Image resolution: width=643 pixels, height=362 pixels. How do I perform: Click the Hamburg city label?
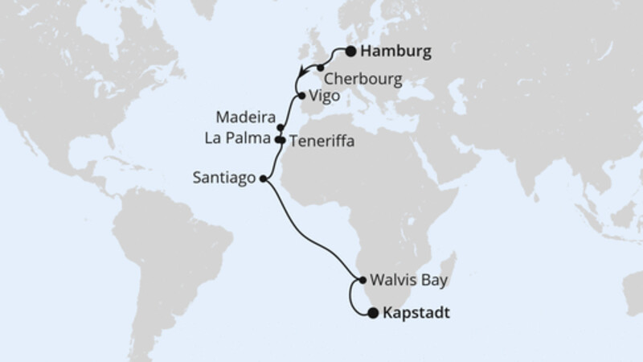[x=396, y=52]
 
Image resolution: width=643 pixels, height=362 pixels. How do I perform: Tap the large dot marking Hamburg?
[x=350, y=51]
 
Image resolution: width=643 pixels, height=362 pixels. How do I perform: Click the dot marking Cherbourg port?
[x=320, y=68]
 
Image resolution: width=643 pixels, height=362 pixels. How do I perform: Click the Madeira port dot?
[x=280, y=127]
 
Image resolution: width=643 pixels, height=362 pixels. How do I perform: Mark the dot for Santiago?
[x=264, y=179]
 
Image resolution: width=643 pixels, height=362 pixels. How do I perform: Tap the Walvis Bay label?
[x=408, y=282]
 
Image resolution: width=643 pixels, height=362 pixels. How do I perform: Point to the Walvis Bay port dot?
[x=362, y=281]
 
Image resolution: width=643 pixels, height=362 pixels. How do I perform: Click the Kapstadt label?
[x=416, y=314]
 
